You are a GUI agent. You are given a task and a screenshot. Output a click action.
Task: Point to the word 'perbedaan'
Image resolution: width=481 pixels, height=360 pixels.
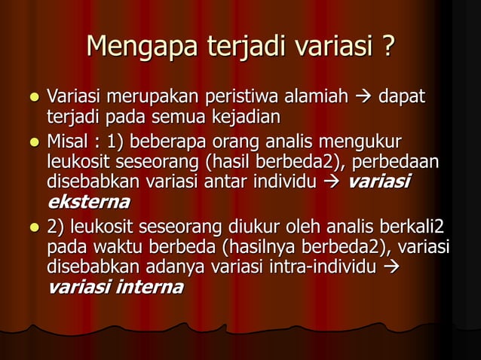click(405, 162)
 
